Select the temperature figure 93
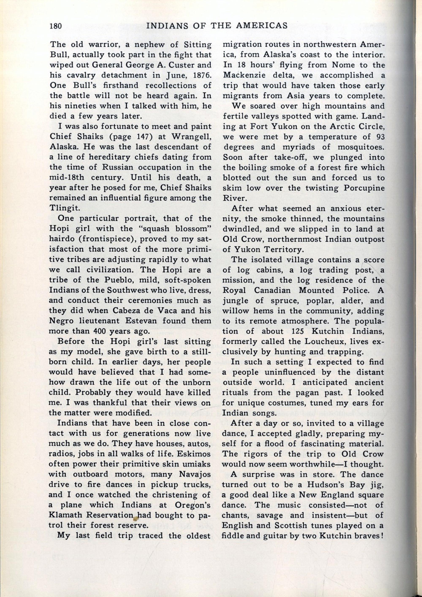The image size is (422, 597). pyautogui.click(x=380, y=137)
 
